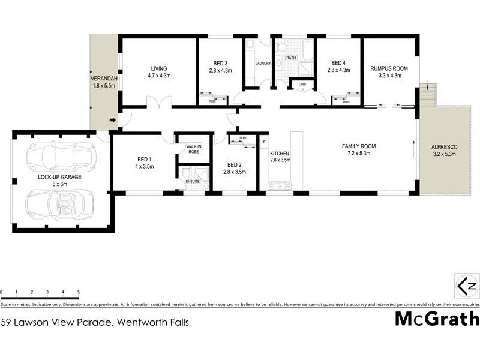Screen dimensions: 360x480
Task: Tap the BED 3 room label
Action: point(221,63)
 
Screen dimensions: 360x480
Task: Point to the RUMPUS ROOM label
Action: point(389,68)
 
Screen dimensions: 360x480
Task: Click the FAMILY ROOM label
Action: point(358,146)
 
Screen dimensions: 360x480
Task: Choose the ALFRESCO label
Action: point(444,146)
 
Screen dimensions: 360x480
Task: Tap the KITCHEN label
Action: point(280,154)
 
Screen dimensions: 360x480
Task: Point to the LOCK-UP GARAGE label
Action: point(59,178)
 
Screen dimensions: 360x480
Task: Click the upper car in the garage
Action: point(59,157)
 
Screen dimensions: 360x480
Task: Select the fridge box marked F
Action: point(264,142)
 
